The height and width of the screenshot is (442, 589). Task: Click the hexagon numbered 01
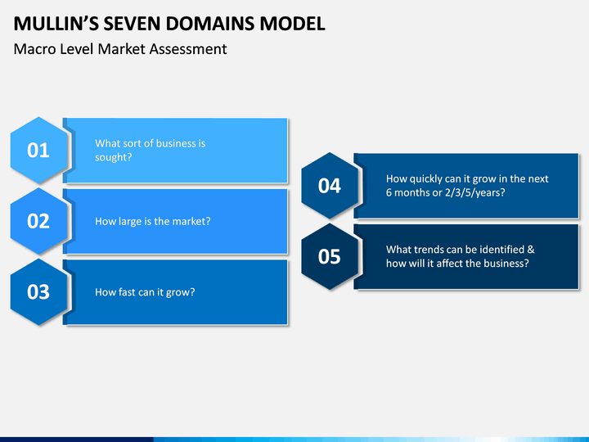38,151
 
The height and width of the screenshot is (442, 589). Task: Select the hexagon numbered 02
38,221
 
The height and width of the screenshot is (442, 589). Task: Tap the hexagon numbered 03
38,292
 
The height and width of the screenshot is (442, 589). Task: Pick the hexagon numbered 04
329,186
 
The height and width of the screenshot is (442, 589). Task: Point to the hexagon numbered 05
329,257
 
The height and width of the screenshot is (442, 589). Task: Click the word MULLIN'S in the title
54,24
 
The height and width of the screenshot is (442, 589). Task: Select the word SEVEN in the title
129,24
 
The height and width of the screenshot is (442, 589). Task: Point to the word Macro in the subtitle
33,49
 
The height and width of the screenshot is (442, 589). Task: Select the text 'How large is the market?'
153,221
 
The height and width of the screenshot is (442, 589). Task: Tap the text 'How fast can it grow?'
145,292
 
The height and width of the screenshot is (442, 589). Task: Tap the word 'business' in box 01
175,143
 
